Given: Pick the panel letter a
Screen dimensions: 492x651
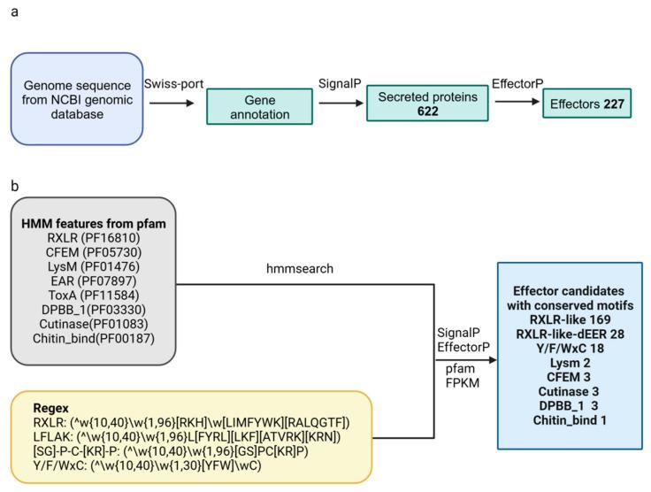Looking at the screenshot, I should pyautogui.click(x=12, y=11).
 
